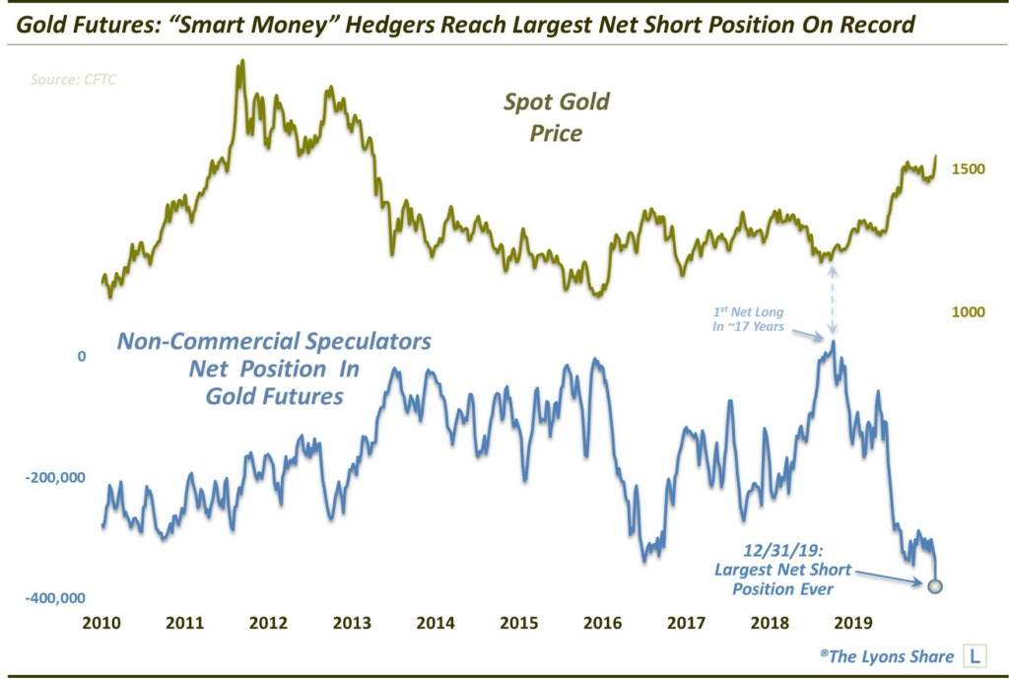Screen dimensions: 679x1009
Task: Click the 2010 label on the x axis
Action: tap(102, 623)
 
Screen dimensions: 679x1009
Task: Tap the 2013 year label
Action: tap(352, 623)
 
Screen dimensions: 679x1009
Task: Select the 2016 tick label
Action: tap(602, 623)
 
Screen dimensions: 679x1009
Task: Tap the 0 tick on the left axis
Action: tap(84, 356)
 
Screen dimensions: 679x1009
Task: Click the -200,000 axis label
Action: tap(58, 478)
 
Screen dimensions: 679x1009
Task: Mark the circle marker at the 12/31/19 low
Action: tap(935, 586)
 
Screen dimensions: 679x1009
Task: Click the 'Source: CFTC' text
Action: tap(73, 80)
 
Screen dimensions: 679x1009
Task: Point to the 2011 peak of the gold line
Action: tap(241, 64)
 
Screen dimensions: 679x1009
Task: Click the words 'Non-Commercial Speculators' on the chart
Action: tap(274, 342)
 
